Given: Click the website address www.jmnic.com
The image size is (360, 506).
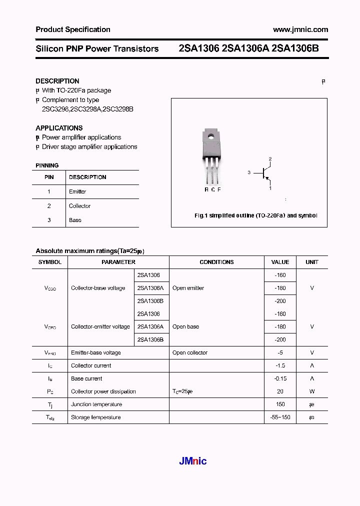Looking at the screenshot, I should point(300,29).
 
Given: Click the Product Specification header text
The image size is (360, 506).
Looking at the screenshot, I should point(73,29).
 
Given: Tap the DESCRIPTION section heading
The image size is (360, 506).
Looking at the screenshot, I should point(57,81).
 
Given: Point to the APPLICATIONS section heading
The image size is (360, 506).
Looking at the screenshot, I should point(59,128).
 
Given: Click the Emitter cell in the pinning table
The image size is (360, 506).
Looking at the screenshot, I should point(77,191).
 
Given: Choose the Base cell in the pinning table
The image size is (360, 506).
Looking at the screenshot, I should point(75,220).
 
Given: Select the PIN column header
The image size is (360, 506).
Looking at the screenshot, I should point(49,177).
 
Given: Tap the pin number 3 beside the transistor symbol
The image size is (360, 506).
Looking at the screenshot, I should point(248,172).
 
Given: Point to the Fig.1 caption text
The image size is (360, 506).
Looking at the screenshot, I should point(255,215).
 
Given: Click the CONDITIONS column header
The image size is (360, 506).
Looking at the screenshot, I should point(216,262).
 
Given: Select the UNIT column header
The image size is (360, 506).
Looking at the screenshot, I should point(312,262).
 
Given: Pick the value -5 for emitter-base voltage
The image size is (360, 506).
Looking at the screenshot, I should point(280,352).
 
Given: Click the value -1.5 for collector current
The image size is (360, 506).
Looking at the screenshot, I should point(280,365).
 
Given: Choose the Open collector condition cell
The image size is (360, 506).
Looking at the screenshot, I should point(190,352).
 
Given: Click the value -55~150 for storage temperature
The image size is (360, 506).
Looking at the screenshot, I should point(280,417).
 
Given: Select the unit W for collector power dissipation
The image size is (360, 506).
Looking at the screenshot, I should point(312,391).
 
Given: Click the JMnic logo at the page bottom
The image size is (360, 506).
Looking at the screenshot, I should point(193,461).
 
